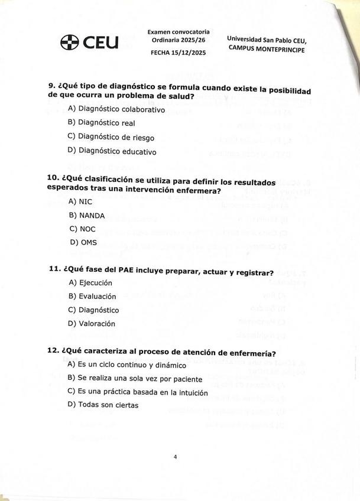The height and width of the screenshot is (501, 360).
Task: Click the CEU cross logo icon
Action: (69, 43)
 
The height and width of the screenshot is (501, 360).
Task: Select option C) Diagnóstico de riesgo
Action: (111, 137)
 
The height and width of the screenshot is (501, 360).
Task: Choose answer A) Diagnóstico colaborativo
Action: (116, 109)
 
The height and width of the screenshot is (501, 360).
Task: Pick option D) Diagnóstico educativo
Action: (112, 151)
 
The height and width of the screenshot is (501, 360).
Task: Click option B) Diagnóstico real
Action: (102, 123)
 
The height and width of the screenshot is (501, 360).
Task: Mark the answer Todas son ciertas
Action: (108, 405)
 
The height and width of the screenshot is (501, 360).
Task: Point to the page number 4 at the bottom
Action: (176, 456)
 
